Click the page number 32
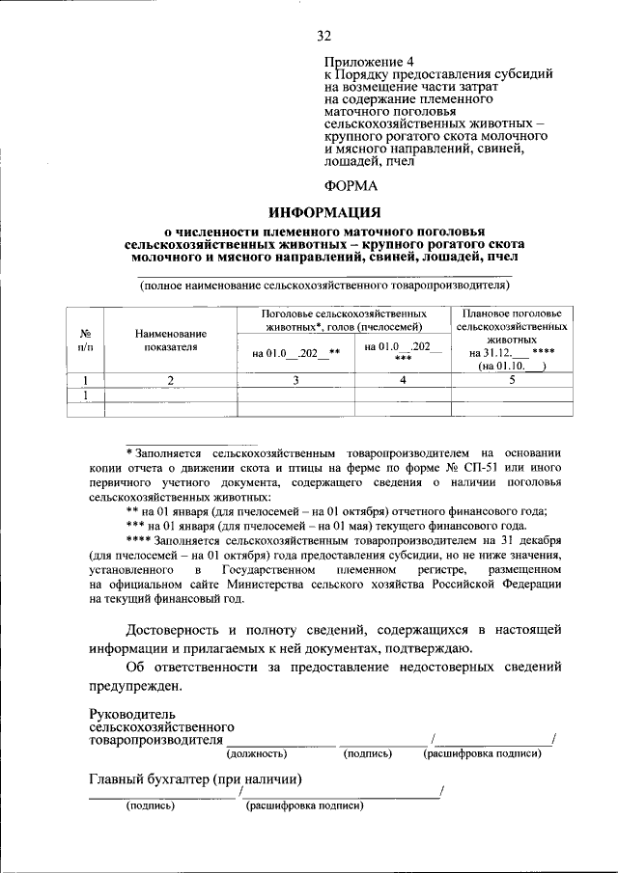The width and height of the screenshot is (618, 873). tap(324, 37)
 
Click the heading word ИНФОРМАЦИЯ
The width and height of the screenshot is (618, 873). tap(324, 211)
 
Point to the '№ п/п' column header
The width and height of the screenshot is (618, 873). tap(86, 339)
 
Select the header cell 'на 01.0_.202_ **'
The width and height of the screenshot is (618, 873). tap(296, 353)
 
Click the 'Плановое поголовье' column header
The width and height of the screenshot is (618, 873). tap(512, 314)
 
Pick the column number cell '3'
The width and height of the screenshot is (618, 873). tap(296, 380)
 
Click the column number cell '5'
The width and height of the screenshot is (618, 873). tap(512, 380)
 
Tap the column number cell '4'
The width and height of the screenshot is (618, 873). tap(403, 380)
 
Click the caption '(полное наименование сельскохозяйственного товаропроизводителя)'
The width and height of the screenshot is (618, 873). tap(324, 286)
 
